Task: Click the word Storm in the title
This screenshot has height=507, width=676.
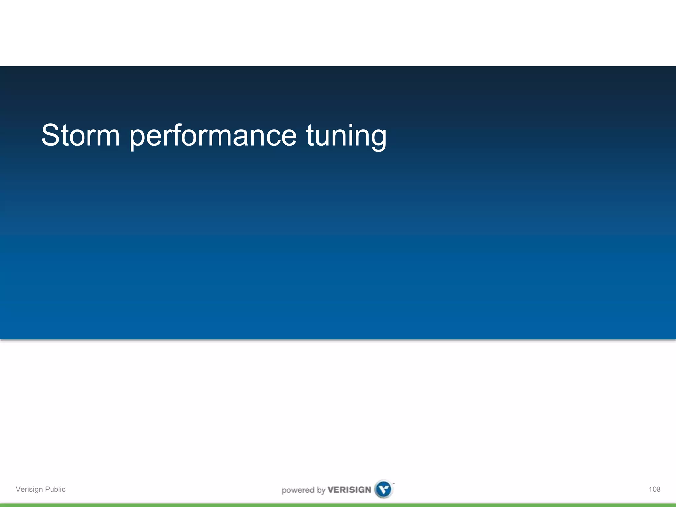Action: pyautogui.click(x=80, y=135)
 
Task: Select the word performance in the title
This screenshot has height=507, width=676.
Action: pyautogui.click(x=213, y=136)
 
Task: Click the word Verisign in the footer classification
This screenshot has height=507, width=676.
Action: pyautogui.click(x=29, y=489)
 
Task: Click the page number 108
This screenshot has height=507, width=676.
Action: pyautogui.click(x=654, y=489)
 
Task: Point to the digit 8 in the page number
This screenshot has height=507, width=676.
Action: pyautogui.click(x=658, y=489)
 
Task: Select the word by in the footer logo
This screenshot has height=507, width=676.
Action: pyautogui.click(x=321, y=490)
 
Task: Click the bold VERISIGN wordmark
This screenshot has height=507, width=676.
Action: pyautogui.click(x=349, y=490)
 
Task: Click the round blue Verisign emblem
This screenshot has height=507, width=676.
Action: pyautogui.click(x=384, y=489)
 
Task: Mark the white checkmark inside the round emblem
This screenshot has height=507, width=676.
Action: pyautogui.click(x=384, y=489)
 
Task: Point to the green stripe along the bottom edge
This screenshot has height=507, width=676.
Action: pyautogui.click(x=338, y=505)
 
